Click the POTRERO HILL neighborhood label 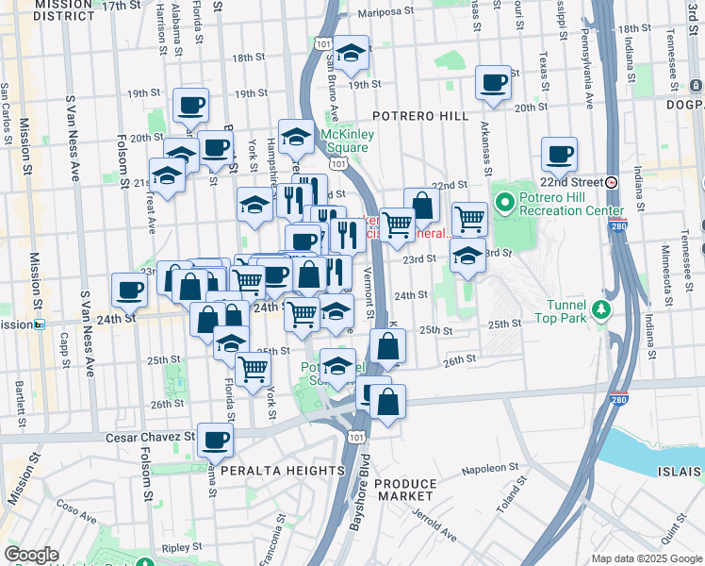coord(419,115)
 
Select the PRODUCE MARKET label coord(405,491)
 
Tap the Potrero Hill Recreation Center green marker coord(504,202)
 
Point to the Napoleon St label coord(489,468)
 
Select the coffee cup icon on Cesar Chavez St coord(216,438)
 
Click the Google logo coord(31,555)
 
